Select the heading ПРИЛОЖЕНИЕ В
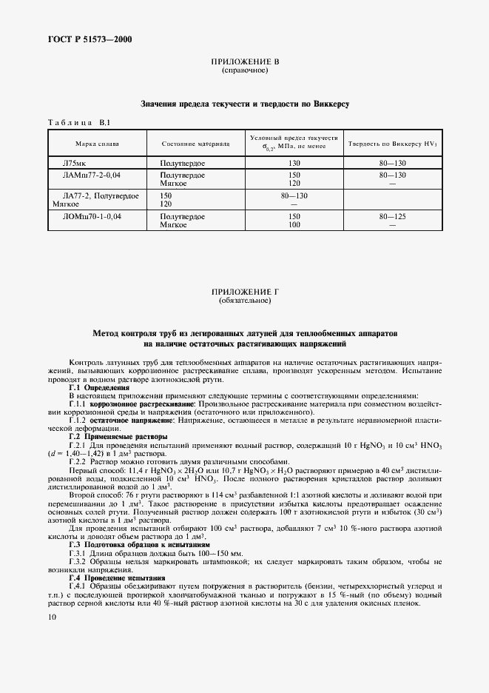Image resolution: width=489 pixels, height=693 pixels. [x=244, y=63]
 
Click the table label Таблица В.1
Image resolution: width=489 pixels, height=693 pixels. [x=79, y=122]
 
